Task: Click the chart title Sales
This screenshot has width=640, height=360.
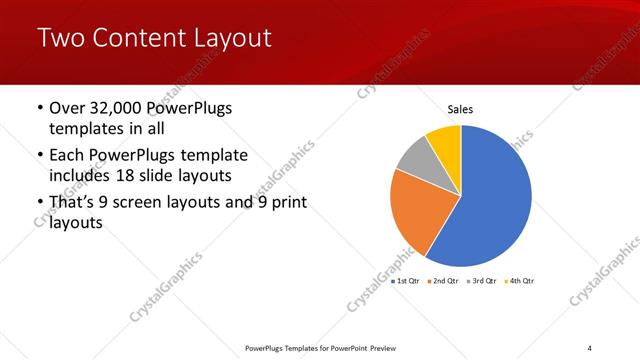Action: pyautogui.click(x=460, y=110)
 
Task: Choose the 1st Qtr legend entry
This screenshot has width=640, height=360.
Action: pyautogui.click(x=406, y=281)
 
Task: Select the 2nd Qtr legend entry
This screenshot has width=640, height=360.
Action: pyautogui.click(x=443, y=281)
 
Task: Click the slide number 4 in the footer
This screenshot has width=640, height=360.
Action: pyautogui.click(x=589, y=347)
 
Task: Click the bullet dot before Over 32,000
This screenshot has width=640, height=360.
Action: pyautogui.click(x=39, y=108)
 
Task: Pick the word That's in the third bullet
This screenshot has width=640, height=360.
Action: pyautogui.click(x=72, y=203)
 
